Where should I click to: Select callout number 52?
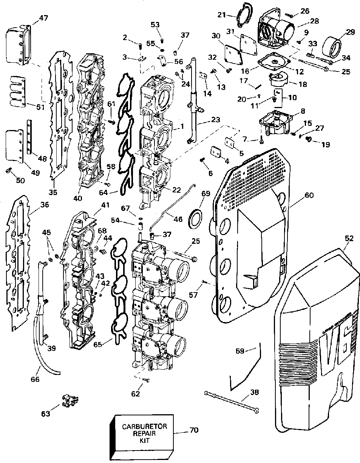click(349, 238)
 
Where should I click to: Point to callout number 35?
click(53, 192)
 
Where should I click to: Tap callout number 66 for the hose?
click(35, 379)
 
